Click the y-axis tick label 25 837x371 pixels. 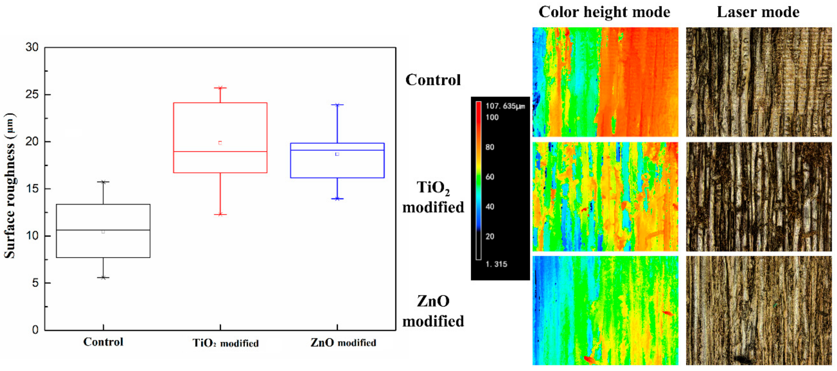coord(32,95)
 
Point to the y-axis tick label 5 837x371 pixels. coord(35,283)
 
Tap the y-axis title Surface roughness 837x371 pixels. coord(10,185)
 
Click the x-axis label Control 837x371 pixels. coord(103,342)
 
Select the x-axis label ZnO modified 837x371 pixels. coord(343,343)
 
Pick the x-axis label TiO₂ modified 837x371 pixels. coord(225,343)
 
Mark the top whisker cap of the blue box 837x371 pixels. coord(337,105)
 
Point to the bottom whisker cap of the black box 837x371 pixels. coord(103,278)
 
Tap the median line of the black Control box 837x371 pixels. coord(103,230)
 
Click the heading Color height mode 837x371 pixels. coord(604,12)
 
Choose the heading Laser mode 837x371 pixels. coord(758,12)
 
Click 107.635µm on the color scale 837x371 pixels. coord(505,106)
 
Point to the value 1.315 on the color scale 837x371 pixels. coord(496,264)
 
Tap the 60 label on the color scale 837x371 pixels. coord(490,177)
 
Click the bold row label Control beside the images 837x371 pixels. coord(433,80)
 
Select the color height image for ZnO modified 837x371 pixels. coord(605,310)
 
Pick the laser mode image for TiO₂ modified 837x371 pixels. coord(759,197)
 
